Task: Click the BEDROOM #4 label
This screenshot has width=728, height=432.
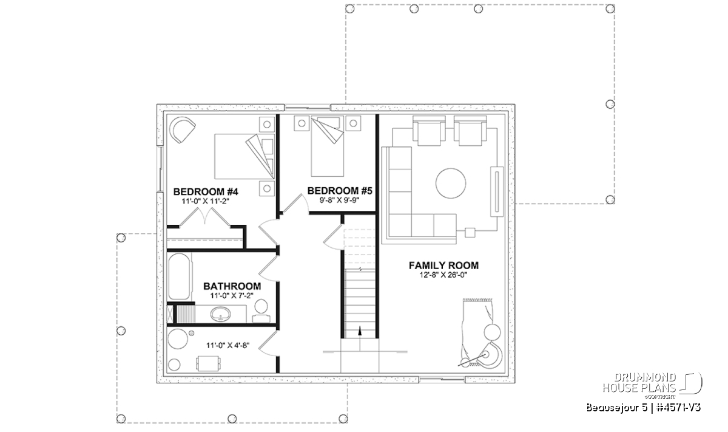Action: (x=206, y=192)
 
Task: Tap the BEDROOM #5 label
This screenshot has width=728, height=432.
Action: (x=340, y=191)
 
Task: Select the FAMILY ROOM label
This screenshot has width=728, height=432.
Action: (x=443, y=266)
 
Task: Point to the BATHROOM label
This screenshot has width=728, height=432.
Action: (x=232, y=286)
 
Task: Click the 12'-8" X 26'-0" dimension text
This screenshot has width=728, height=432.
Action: (x=443, y=275)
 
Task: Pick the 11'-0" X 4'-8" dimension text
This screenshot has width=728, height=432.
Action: (x=228, y=345)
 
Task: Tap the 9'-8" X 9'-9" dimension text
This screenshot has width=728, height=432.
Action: (x=339, y=201)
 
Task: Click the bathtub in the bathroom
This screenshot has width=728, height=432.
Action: (x=179, y=276)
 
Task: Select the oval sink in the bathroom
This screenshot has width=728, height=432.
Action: (x=220, y=315)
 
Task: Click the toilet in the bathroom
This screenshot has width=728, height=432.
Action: (x=261, y=311)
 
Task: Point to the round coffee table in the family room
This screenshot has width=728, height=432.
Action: (x=451, y=183)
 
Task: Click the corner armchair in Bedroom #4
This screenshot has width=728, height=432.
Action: (x=183, y=129)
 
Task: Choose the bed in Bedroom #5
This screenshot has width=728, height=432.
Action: (x=327, y=146)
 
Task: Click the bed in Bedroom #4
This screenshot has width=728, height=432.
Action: (x=244, y=156)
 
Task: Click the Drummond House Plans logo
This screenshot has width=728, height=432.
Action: (x=652, y=386)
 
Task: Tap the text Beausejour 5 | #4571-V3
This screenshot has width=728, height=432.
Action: (x=644, y=408)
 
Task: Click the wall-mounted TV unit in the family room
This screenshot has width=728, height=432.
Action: (x=497, y=191)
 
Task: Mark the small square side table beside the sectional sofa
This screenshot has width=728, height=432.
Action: (x=470, y=233)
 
